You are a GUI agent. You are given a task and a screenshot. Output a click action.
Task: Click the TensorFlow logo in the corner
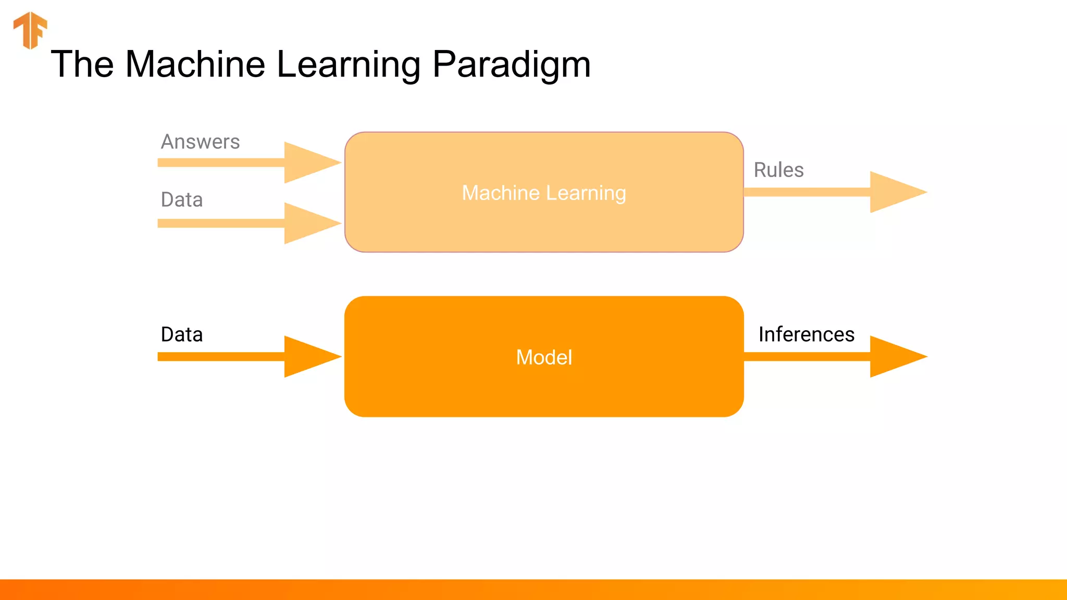click(x=30, y=30)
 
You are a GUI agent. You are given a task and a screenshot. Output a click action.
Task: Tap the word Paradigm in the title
click(x=512, y=65)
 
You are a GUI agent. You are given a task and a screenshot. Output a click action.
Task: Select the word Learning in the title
click(x=348, y=65)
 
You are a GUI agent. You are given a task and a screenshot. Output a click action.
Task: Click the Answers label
click(x=200, y=142)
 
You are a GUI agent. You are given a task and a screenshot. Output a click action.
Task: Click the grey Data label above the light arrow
click(x=181, y=199)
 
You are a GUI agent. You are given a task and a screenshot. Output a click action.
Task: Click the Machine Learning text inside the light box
click(x=544, y=193)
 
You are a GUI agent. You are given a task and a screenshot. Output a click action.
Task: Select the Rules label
click(x=778, y=170)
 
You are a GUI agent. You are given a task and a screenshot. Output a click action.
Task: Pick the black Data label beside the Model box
click(x=181, y=334)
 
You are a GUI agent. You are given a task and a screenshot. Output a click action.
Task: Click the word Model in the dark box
click(x=544, y=357)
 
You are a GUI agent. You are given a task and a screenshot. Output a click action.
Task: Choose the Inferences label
click(x=806, y=334)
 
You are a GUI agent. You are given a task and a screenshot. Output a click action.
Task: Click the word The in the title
click(x=82, y=65)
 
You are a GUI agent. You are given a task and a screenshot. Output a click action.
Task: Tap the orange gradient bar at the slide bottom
click(x=533, y=590)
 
